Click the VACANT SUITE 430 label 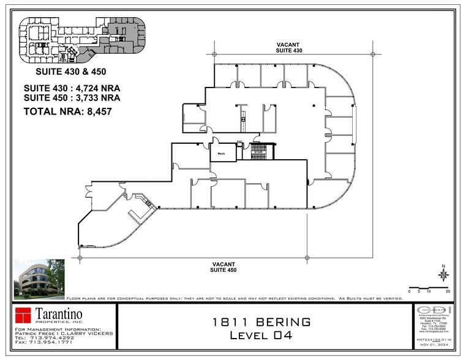click(x=290, y=47)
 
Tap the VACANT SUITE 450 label click(x=224, y=266)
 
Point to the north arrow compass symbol click(x=443, y=275)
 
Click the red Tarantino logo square click(x=23, y=317)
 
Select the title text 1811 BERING click(x=261, y=321)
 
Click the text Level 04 click(x=261, y=335)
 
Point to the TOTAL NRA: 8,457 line click(x=68, y=111)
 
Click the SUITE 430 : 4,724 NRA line click(x=72, y=88)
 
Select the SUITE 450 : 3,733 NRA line click(x=72, y=97)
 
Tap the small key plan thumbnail click(x=82, y=40)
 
